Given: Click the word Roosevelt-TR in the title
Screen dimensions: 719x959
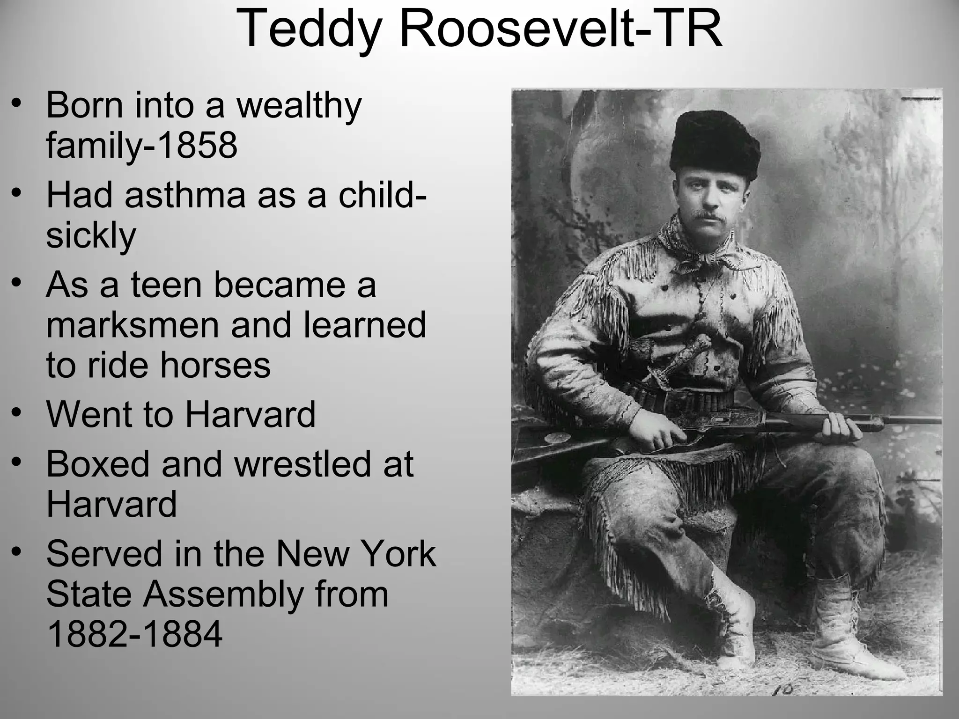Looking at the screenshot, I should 560,29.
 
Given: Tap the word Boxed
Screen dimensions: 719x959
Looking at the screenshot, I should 97,464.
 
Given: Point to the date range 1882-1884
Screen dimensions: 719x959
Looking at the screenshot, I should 134,634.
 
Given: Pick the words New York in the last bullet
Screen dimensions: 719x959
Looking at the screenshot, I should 356,554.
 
